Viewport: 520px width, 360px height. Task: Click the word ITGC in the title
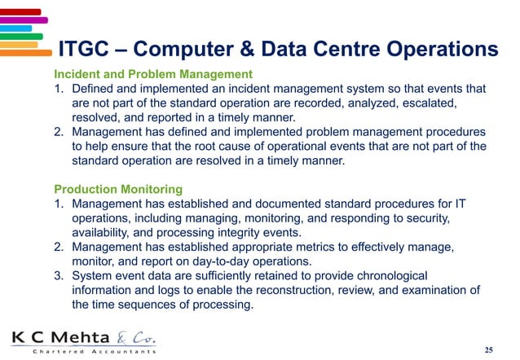[x=87, y=50]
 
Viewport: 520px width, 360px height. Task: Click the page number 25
[x=488, y=350]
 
